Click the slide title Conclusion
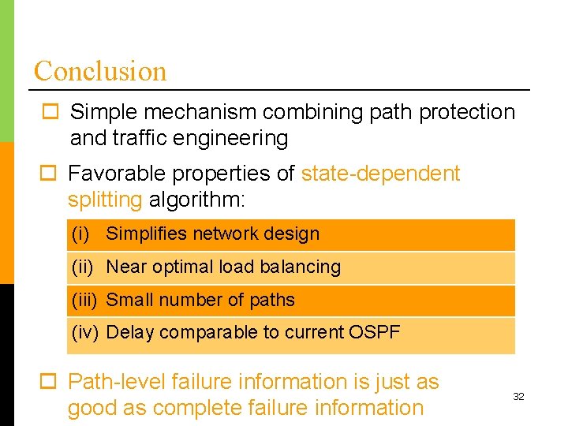(100, 71)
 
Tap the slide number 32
(518, 397)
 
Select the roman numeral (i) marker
(80, 234)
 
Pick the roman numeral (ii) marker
(83, 267)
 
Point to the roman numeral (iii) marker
(84, 301)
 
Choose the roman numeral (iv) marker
(84, 333)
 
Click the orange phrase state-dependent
(380, 174)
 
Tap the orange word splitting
(104, 200)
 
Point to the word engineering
(231, 139)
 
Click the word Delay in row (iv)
(127, 332)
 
